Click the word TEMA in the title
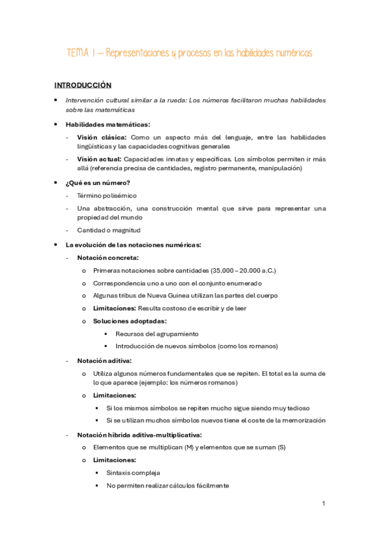[79, 53]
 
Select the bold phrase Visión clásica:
[102, 137]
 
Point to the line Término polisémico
[107, 196]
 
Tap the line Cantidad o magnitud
[109, 230]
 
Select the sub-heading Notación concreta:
[108, 257]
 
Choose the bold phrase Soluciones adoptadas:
[130, 321]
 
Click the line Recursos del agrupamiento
[157, 334]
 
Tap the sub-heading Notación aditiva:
[105, 360]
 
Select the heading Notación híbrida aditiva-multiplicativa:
[140, 435]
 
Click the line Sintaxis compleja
[133, 473]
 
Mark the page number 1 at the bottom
[324, 503]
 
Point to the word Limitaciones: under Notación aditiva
[115, 395]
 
